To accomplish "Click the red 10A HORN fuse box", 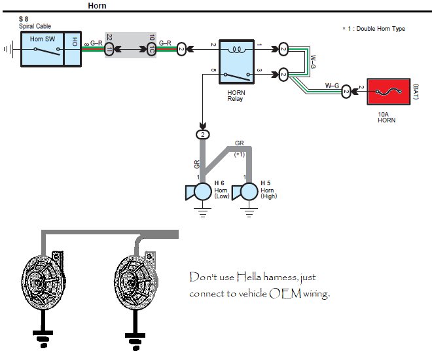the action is pyautogui.click(x=388, y=92).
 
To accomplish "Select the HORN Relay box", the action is pyautogui.click(x=237, y=62).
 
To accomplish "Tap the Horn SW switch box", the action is pyautogui.click(x=42, y=49).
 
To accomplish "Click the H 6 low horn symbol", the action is pyautogui.click(x=199, y=191).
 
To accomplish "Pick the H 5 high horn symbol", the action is pyautogui.click(x=245, y=191).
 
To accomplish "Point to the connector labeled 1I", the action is pyautogui.click(x=109, y=49).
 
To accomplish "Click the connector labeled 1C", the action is pyautogui.click(x=152, y=49).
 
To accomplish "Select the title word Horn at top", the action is pyautogui.click(x=97, y=5).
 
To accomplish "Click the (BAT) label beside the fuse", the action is pyautogui.click(x=416, y=92).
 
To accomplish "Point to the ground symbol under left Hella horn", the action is pyautogui.click(x=43, y=339).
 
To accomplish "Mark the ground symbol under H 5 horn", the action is pyautogui.click(x=249, y=212).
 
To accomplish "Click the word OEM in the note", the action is pyautogui.click(x=285, y=293).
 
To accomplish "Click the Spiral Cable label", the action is pyautogui.click(x=35, y=26).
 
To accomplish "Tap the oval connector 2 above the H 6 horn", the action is pyautogui.click(x=203, y=134).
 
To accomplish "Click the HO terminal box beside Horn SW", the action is pyautogui.click(x=73, y=49).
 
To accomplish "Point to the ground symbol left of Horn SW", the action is pyautogui.click(x=9, y=49).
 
